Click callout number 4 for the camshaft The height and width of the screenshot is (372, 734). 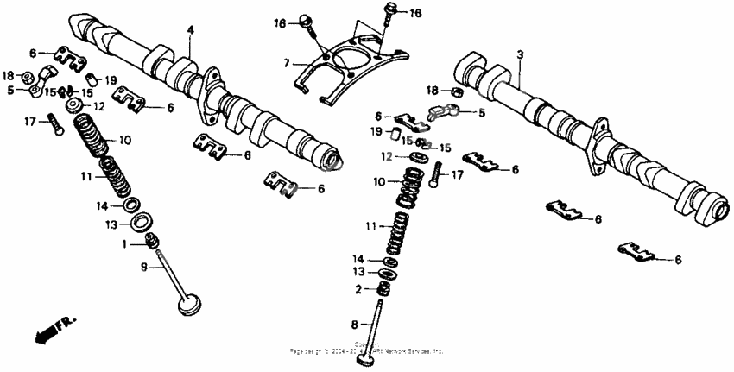click(x=191, y=31)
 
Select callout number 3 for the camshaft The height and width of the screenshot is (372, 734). click(x=521, y=54)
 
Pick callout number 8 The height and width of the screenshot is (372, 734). click(x=354, y=325)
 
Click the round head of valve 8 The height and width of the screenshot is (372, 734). click(x=369, y=355)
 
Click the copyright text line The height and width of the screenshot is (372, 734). click(x=368, y=350)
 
